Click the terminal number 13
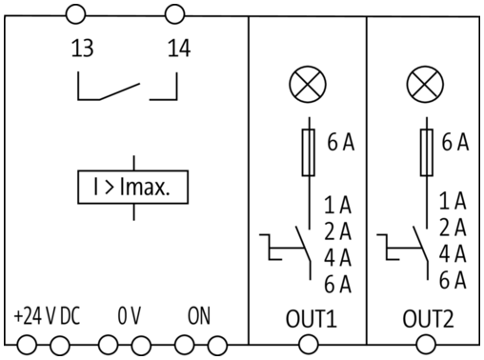[82, 49]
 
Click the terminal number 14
[179, 49]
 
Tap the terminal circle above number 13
[75, 14]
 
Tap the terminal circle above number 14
[174, 14]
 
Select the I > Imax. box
[133, 187]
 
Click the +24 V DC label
[47, 316]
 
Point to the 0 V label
[129, 316]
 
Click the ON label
[199, 316]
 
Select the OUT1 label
[311, 319]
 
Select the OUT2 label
[428, 319]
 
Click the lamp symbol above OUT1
[308, 85]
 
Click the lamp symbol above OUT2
[425, 85]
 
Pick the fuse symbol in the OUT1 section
[308, 152]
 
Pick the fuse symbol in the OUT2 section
[427, 152]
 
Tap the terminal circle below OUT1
[308, 345]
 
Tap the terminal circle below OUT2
[426, 345]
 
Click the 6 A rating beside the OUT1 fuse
[341, 142]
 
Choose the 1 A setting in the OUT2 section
[453, 201]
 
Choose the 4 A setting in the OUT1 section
[337, 257]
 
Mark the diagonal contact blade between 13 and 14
[120, 91]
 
